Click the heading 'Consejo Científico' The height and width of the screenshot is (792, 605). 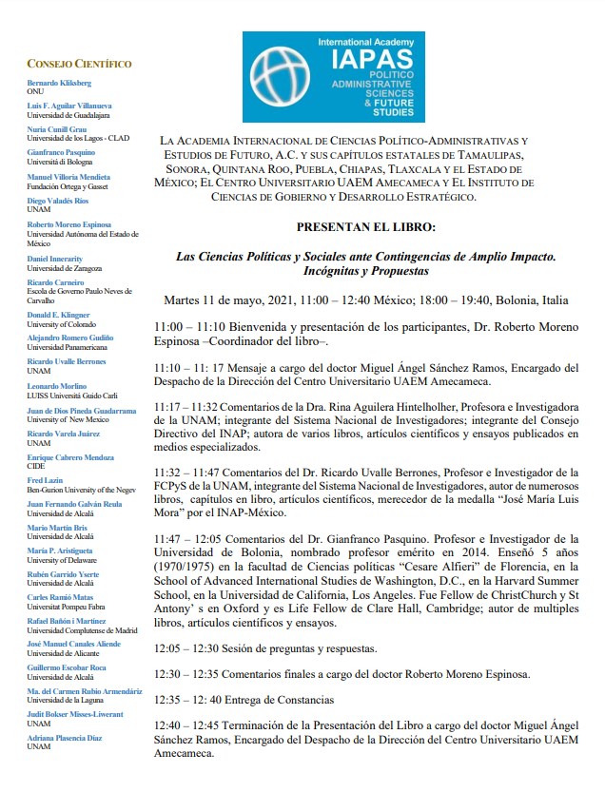[x=79, y=64]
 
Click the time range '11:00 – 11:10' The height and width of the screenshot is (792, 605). [x=190, y=327]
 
